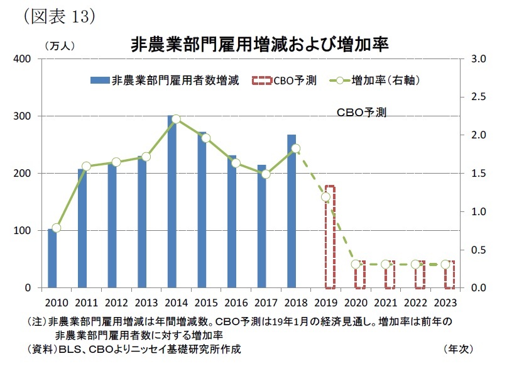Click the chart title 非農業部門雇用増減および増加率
click(x=259, y=45)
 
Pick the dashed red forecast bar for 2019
click(x=330, y=237)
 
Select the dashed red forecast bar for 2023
click(x=449, y=275)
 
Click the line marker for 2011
click(x=87, y=166)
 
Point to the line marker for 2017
click(x=265, y=174)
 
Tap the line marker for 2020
click(x=356, y=264)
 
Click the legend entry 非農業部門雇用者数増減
click(x=165, y=81)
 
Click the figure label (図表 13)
click(x=58, y=16)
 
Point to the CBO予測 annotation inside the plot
click(x=361, y=113)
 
